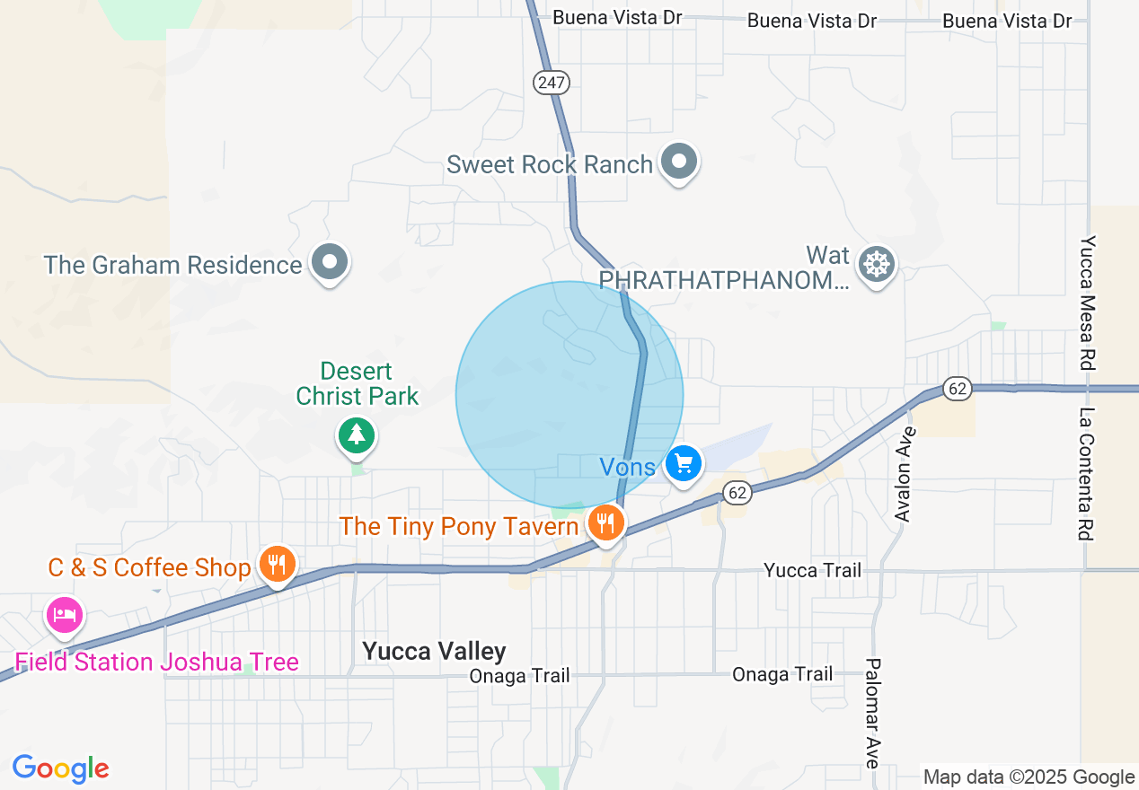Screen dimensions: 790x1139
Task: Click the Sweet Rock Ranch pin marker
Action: coord(679,162)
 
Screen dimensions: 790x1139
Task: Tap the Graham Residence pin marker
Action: coord(330,263)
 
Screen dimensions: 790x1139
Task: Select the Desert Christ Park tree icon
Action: coord(357,435)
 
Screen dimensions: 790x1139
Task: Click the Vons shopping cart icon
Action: coord(684,464)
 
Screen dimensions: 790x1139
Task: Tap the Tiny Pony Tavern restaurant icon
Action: coord(606,522)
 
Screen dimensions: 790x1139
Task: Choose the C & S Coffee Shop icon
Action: coord(278,565)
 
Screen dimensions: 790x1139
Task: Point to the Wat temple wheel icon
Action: coord(876,265)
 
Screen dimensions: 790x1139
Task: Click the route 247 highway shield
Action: coord(551,83)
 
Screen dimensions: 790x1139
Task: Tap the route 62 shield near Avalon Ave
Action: coord(958,389)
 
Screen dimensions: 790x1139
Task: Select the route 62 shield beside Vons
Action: coord(737,492)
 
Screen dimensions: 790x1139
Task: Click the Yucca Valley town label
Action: coord(434,651)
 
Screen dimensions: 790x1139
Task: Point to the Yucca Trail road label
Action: coord(812,570)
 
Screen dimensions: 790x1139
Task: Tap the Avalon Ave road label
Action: coord(905,474)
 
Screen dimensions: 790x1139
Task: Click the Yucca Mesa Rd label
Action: coord(1088,303)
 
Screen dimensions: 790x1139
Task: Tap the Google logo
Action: coord(60,768)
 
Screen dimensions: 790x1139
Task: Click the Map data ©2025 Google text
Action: coord(1029,777)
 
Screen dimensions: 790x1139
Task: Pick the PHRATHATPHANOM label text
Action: coord(723,281)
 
